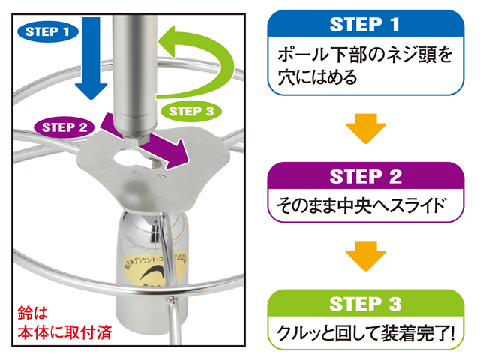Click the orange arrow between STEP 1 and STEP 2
click(364, 127)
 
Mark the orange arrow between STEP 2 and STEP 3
click(364, 255)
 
